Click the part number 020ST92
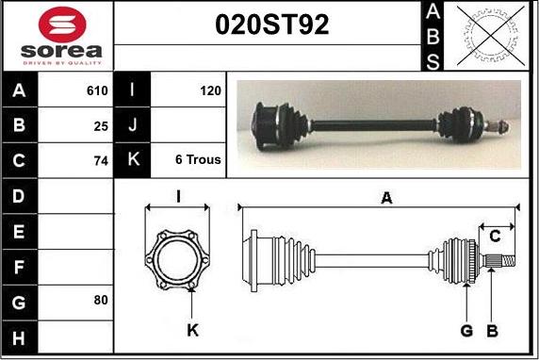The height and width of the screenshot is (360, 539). pos(272,25)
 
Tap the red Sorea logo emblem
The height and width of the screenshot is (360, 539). pos(62,25)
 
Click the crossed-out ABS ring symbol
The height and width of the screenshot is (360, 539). pos(491,36)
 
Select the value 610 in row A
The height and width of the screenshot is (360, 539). pos(97,90)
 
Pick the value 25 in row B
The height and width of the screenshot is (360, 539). pos(101,126)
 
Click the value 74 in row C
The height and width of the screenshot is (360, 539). pos(101,161)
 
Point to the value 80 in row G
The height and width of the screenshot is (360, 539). pos(101,301)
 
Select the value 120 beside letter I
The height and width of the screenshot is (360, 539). pos(211,90)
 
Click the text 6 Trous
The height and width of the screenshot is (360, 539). pos(198,159)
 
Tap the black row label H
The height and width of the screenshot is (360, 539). pos(19,338)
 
